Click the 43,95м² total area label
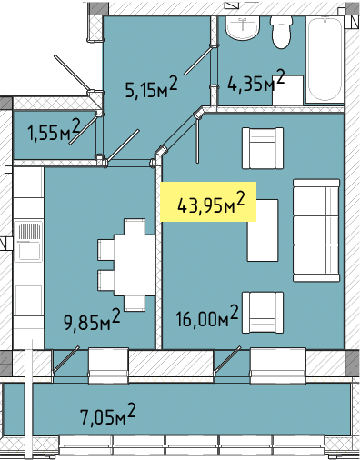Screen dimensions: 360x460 [211, 203]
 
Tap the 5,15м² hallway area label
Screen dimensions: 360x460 [151, 87]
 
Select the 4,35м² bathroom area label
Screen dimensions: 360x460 [256, 81]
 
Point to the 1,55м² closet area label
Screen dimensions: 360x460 [54, 130]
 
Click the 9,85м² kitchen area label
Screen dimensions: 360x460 [92, 320]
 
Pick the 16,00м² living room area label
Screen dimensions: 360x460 [207, 316]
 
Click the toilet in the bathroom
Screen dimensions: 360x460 [282, 32]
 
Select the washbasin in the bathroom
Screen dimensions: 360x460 [243, 28]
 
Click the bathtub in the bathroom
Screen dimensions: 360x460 [325, 59]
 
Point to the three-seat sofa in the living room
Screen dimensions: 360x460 [316, 230]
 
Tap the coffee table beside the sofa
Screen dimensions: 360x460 [263, 230]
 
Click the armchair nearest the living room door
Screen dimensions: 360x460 [263, 148]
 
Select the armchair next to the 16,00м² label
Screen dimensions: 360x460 [263, 313]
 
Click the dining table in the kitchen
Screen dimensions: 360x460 [135, 265]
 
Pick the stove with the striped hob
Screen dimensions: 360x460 [29, 241]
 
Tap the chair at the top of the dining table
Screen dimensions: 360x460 [135, 226]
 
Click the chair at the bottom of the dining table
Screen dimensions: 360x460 [135, 304]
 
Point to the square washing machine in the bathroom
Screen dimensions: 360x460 [288, 90]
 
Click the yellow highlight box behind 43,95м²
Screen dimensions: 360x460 [208, 202]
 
